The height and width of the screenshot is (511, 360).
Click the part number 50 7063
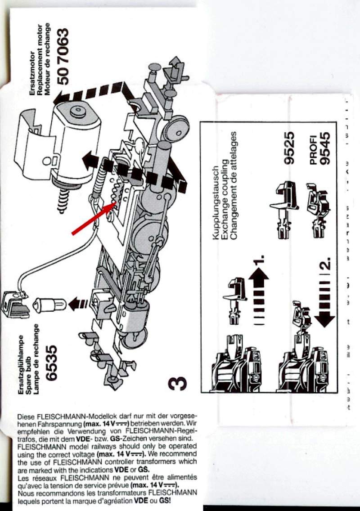pos(64,56)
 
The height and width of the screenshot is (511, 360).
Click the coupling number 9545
pos(327,148)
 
